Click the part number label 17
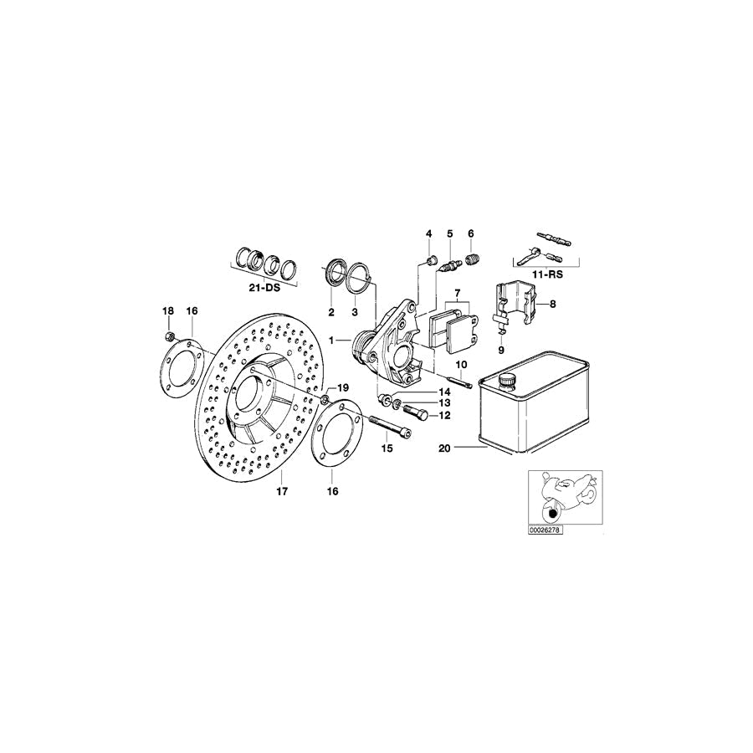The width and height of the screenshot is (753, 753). point(282,491)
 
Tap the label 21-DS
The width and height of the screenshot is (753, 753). point(264,289)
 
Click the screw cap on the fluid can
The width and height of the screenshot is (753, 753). point(507,381)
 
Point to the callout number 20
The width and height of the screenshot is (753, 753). point(445,448)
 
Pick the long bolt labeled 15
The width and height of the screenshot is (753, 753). point(390,427)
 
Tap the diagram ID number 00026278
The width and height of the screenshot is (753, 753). point(545,530)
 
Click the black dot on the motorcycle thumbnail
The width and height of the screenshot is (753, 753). point(552,515)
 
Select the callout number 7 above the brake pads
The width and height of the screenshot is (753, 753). point(457,293)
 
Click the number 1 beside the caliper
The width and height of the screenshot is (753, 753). point(330,341)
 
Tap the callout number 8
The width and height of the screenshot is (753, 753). point(553,304)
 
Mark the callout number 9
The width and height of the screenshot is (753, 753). point(501,351)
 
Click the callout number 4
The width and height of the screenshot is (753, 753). point(428,234)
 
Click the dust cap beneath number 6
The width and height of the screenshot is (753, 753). point(473,260)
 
